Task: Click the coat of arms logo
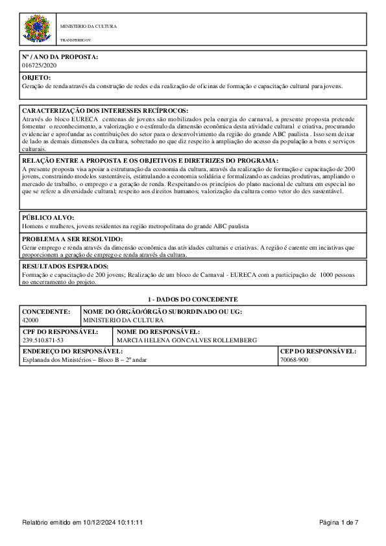(x=37, y=29)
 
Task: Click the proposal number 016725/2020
(x=40, y=65)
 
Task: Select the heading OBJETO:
(x=36, y=78)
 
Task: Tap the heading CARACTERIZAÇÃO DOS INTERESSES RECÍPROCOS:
(x=105, y=112)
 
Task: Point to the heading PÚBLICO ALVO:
(x=49, y=218)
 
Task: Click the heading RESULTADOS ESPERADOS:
(x=65, y=267)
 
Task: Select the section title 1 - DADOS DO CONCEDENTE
(x=193, y=300)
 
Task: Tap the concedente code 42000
(x=30, y=320)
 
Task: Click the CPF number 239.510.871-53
(x=43, y=340)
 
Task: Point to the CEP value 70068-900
(x=295, y=359)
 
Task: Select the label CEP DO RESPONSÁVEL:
(x=318, y=351)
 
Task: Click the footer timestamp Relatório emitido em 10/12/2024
(x=82, y=522)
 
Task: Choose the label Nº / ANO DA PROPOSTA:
(x=60, y=57)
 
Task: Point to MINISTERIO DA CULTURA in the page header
(x=88, y=27)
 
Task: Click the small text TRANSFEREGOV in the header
(x=76, y=40)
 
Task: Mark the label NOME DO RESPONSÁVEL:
(x=158, y=332)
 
